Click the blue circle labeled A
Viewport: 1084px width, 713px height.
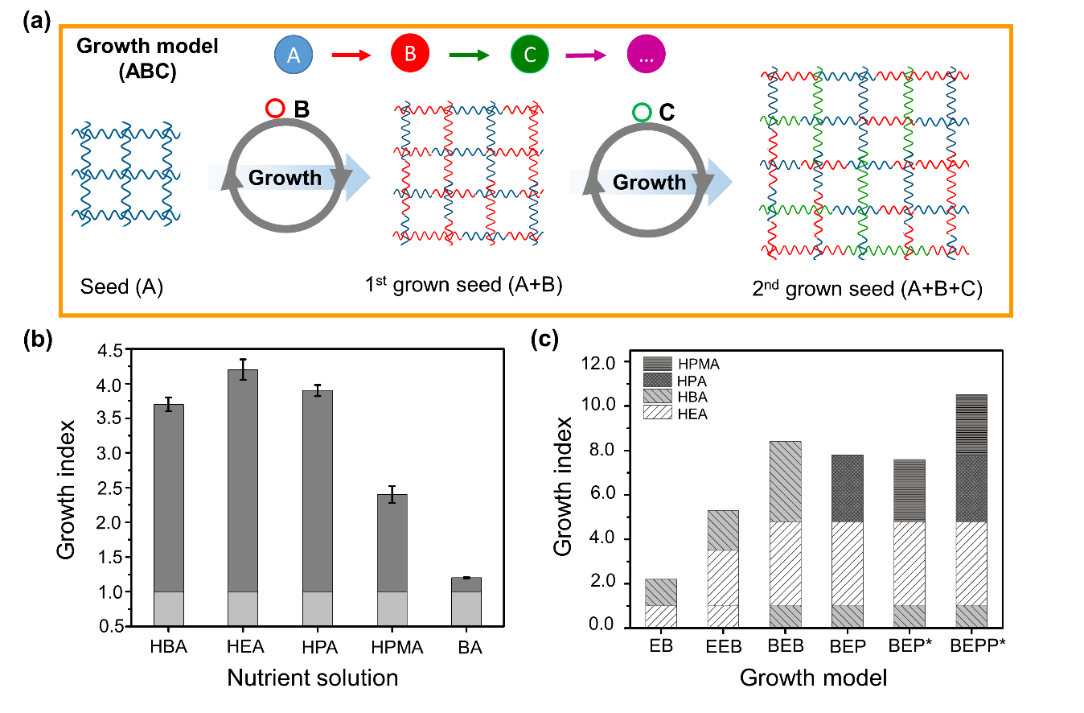(x=293, y=56)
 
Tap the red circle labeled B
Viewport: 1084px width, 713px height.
(x=409, y=56)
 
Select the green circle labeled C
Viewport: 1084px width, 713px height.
(x=530, y=56)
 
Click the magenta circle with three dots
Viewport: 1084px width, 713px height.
(x=646, y=56)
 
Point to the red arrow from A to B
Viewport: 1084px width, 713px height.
(x=351, y=56)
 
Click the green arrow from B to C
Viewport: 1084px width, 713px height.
(x=470, y=56)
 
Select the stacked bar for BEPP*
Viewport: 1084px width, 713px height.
(x=971, y=510)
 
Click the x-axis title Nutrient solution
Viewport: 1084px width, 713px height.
(x=313, y=678)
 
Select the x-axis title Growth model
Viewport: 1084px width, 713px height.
(x=813, y=678)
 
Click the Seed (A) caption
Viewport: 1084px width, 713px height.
(x=122, y=286)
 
